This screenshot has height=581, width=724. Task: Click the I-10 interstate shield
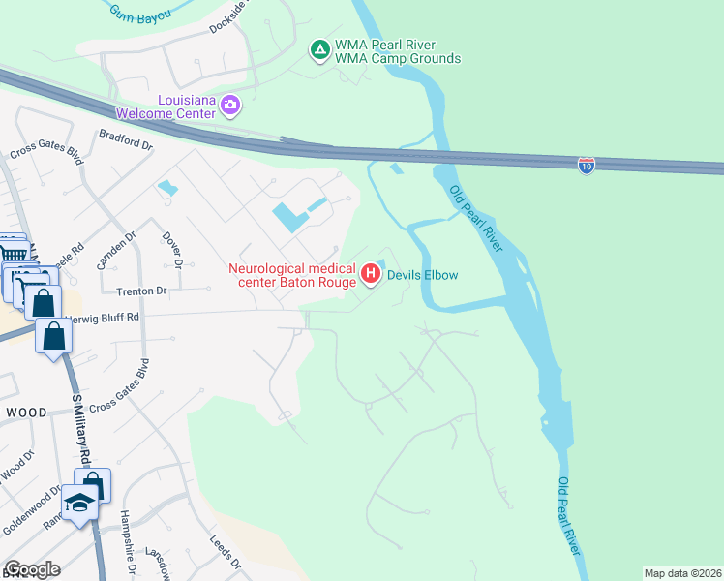point(586,165)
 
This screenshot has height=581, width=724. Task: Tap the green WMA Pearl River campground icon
point(318,49)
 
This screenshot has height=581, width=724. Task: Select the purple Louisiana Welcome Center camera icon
point(230,105)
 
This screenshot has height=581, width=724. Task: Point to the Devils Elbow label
point(422,275)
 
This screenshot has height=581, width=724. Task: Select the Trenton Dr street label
point(142,290)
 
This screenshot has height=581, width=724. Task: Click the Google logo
point(31,569)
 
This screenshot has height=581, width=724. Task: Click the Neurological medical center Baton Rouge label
point(292,275)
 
